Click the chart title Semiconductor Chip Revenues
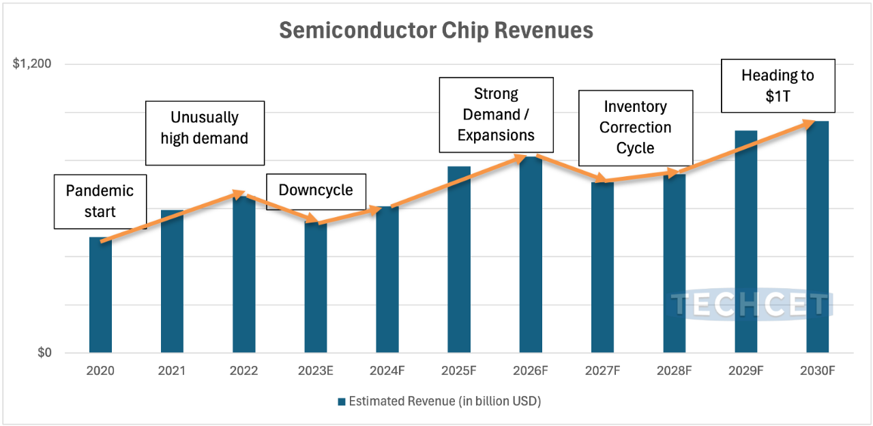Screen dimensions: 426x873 [436, 31]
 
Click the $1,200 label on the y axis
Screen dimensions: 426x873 [32, 64]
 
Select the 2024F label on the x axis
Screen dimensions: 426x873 [387, 371]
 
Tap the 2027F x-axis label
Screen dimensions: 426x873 [602, 371]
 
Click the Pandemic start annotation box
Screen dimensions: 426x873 [100, 201]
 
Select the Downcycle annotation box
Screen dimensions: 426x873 [316, 190]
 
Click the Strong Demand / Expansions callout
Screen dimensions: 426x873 [496, 115]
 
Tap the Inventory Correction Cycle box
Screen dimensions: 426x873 [635, 128]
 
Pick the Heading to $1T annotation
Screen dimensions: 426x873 [778, 85]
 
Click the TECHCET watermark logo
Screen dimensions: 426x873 [751, 304]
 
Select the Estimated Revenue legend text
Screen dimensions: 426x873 [445, 401]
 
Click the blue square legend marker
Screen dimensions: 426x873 [341, 401]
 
